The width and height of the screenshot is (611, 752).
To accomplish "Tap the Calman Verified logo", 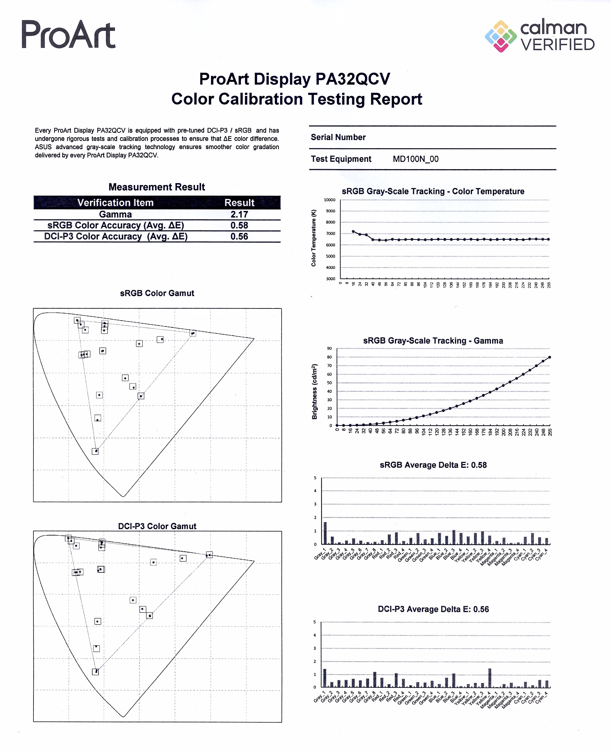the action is tap(540, 36).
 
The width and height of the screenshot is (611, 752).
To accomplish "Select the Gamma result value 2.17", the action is tap(239, 214).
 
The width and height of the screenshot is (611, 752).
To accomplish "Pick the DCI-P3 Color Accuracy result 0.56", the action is tap(239, 237).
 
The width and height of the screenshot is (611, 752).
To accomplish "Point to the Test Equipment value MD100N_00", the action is tap(416, 159).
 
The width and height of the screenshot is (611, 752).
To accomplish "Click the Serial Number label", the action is tap(338, 137).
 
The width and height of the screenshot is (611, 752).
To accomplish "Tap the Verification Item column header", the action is tap(115, 203).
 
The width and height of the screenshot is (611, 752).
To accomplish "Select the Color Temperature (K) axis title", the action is tap(314, 238).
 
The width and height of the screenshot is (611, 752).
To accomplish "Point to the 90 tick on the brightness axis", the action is tap(329, 348).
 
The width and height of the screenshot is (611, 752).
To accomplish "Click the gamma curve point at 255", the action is tap(550, 357).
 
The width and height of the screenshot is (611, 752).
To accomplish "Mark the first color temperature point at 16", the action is tap(353, 231).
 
